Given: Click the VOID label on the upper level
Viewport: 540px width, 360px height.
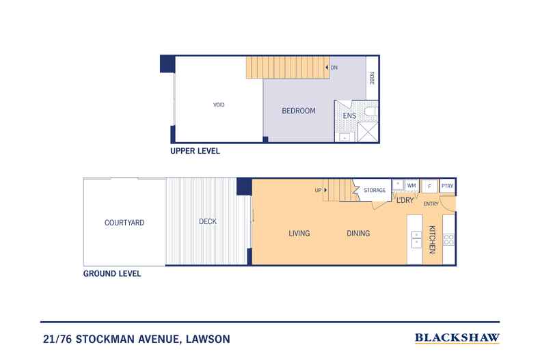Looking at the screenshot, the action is (219, 105).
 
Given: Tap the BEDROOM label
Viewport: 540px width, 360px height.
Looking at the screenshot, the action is (299, 111).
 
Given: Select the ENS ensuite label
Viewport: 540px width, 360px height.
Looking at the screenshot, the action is (349, 116).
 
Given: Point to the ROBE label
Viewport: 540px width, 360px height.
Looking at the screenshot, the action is (372, 78).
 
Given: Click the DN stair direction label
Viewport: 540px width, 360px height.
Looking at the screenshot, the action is (334, 68).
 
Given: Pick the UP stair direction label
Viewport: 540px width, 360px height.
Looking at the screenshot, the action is (319, 190).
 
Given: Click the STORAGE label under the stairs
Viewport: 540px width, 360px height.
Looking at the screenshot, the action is (375, 190).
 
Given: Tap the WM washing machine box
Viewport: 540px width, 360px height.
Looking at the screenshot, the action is (411, 186).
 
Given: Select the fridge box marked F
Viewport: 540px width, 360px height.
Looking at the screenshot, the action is (429, 186).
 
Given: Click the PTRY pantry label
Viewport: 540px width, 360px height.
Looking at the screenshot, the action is (447, 186).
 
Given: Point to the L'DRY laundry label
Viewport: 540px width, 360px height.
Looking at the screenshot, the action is (405, 200).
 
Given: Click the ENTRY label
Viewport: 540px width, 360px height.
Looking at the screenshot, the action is (431, 204).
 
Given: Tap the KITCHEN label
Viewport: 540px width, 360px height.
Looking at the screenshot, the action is (432, 240).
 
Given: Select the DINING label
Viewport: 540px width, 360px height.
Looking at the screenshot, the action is (358, 234).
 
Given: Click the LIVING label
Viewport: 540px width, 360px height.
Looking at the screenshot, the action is (299, 234).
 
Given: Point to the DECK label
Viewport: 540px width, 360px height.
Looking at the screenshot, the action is (208, 221).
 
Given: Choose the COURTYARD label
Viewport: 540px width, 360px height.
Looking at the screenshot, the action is (124, 223).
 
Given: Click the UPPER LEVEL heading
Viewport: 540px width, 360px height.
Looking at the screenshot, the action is (195, 151).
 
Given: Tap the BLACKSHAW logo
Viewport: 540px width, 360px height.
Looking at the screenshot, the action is (457, 338).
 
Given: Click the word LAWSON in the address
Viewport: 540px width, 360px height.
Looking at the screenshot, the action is (208, 339).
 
